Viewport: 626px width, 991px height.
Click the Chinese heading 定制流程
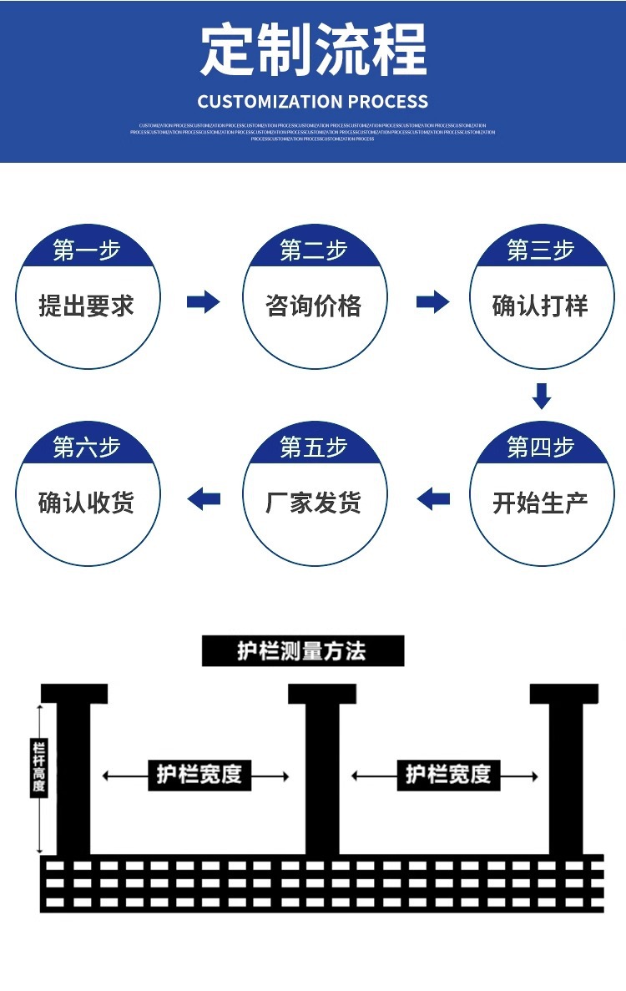click(x=313, y=50)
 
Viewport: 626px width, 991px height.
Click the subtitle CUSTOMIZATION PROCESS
click(x=313, y=102)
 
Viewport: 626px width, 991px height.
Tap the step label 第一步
click(x=87, y=250)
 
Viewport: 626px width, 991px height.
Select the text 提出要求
click(x=87, y=306)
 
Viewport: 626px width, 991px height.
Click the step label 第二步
click(x=314, y=250)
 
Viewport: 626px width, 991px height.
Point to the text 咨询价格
click(x=314, y=306)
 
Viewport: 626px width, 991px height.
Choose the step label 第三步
click(x=541, y=250)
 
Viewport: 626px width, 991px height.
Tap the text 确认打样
click(x=541, y=306)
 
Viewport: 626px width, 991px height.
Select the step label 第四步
click(x=541, y=447)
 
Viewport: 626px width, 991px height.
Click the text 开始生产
click(x=541, y=503)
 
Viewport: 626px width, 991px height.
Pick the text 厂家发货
click(x=314, y=503)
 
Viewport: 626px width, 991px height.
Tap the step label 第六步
click(x=87, y=447)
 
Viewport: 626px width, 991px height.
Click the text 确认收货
click(x=87, y=503)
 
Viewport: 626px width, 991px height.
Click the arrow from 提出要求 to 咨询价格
click(x=203, y=301)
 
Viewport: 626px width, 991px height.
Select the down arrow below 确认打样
click(x=542, y=396)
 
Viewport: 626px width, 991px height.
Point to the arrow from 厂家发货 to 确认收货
click(x=204, y=499)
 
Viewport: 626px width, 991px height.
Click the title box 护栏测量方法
click(x=302, y=651)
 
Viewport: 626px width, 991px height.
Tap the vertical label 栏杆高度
click(x=38, y=768)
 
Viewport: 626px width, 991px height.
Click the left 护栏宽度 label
click(x=199, y=775)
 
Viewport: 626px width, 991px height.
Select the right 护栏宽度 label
click(x=448, y=775)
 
